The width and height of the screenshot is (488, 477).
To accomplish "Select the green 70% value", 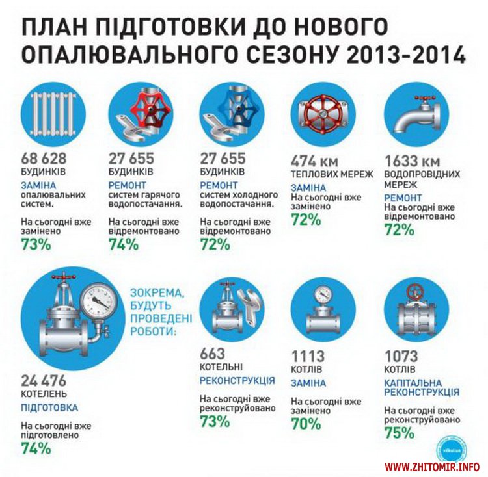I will [x=306, y=424].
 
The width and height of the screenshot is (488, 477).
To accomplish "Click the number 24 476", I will [x=44, y=381].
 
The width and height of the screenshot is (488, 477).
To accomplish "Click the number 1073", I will [x=402, y=357].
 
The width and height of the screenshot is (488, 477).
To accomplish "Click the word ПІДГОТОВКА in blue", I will [x=49, y=407].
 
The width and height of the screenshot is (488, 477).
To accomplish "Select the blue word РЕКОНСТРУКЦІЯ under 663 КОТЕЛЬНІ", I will [x=237, y=380].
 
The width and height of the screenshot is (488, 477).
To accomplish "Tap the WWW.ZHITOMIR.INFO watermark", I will [x=432, y=467].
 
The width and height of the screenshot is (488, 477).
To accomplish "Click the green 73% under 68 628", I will [x=36, y=244].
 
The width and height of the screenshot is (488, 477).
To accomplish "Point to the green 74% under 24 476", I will [x=36, y=448].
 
